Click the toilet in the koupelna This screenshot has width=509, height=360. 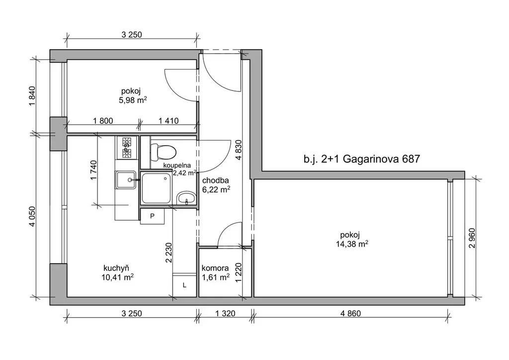click(163, 152)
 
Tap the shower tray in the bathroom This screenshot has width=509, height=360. click(157, 188)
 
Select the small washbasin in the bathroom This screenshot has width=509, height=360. click(186, 198)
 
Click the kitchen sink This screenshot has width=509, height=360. click(125, 180)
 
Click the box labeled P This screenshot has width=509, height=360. click(152, 216)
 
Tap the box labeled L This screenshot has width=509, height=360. click(184, 285)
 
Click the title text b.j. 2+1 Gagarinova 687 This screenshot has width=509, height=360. click(362, 159)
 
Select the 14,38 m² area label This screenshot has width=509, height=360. click(352, 244)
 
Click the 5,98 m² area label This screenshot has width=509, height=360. click(133, 100)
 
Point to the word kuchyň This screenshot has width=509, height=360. click(116, 268)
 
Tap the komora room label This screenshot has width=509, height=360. click(215, 268)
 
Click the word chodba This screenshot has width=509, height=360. click(216, 180)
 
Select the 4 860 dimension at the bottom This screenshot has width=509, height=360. click(350, 313)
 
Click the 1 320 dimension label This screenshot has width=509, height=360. click(225, 313)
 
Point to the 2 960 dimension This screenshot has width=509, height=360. click(472, 238)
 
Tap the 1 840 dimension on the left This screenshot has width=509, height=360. click(32, 96)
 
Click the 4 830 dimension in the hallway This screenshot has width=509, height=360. click(239, 150)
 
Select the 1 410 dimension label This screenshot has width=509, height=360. click(169, 121)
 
